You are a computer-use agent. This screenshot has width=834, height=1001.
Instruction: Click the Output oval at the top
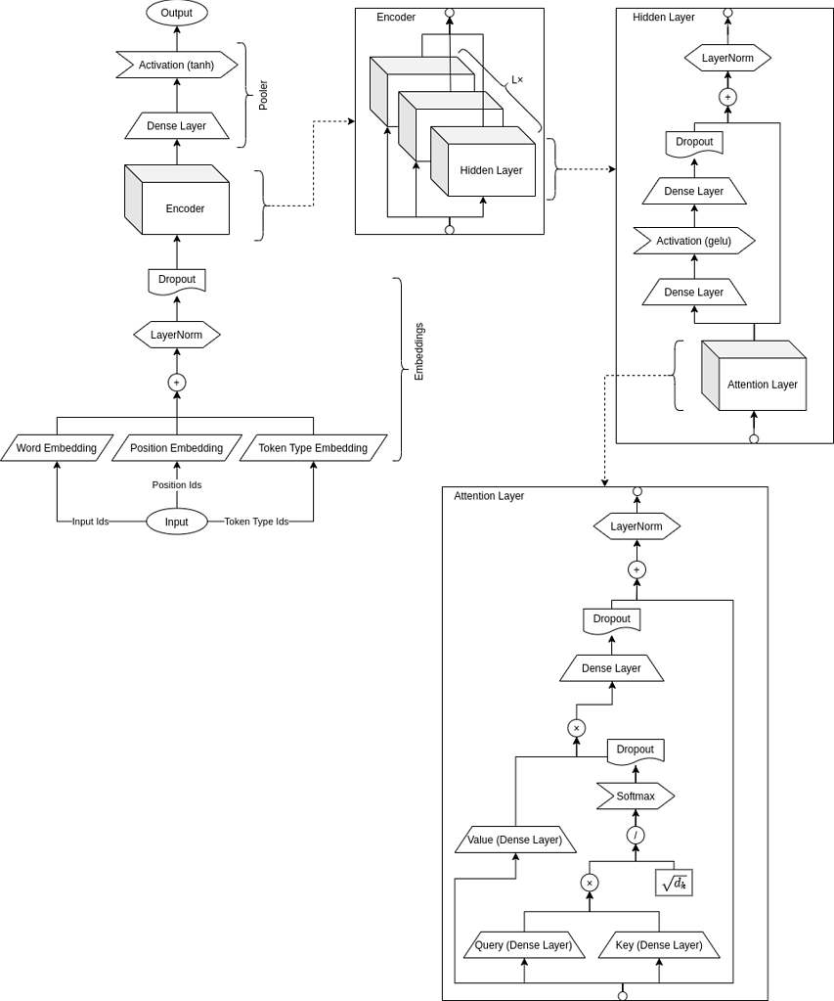pyautogui.click(x=177, y=13)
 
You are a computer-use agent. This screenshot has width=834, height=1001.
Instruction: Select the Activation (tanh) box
pyautogui.click(x=177, y=66)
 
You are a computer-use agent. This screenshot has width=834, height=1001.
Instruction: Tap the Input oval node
pyautogui.click(x=177, y=522)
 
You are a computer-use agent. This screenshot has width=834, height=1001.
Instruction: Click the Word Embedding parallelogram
pyautogui.click(x=57, y=448)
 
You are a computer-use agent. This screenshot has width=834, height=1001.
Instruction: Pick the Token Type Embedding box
pyautogui.click(x=313, y=448)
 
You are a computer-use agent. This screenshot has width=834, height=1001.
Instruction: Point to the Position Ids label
pyautogui.click(x=177, y=484)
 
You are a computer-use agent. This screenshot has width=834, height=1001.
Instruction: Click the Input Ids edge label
pyautogui.click(x=90, y=522)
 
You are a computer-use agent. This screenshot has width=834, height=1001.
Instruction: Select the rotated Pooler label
pyautogui.click(x=262, y=95)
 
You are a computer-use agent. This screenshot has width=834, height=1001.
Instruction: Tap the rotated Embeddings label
pyautogui.click(x=418, y=351)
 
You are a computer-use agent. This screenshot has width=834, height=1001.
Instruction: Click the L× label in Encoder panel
pyautogui.click(x=517, y=80)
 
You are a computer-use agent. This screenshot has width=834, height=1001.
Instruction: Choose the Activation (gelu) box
pyautogui.click(x=694, y=241)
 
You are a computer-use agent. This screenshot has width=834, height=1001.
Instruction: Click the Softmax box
pyautogui.click(x=636, y=796)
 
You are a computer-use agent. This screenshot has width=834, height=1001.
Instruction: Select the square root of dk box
pyautogui.click(x=674, y=883)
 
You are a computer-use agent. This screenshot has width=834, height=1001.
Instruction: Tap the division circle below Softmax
pyautogui.click(x=636, y=835)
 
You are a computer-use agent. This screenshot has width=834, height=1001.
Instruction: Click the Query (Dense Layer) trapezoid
pyautogui.click(x=524, y=945)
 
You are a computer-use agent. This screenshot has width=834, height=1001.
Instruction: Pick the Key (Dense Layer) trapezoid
pyautogui.click(x=659, y=945)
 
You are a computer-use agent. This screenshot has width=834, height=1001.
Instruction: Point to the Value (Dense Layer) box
pyautogui.click(x=515, y=840)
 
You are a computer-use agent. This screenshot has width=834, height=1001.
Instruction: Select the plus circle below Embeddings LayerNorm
pyautogui.click(x=177, y=383)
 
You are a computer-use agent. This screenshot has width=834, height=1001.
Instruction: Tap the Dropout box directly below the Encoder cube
pyautogui.click(x=177, y=281)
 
